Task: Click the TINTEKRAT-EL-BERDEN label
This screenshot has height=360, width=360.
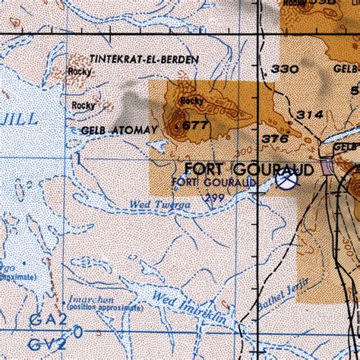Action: (x=144, y=58)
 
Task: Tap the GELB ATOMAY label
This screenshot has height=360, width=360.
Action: (x=112, y=131)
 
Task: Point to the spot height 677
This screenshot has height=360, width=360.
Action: (x=196, y=125)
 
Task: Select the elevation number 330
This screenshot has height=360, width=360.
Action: (x=285, y=69)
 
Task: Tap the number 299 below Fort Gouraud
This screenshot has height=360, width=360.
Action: (x=215, y=197)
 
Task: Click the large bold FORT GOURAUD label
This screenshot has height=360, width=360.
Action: (x=248, y=169)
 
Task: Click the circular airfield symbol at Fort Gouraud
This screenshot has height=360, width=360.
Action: (x=286, y=182)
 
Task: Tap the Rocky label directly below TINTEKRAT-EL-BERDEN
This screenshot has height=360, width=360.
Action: (x=79, y=71)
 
